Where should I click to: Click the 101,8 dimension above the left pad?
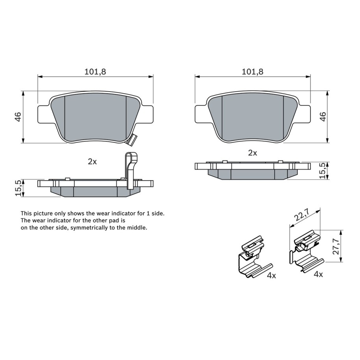click(x=95, y=72)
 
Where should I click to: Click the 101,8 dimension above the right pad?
click(x=253, y=72)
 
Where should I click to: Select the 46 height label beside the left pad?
click(x=18, y=117)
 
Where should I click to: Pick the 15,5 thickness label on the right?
click(x=323, y=171)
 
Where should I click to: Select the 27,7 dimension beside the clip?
click(x=336, y=246)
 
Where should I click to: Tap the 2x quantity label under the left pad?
click(x=92, y=162)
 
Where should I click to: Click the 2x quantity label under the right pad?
click(x=253, y=153)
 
